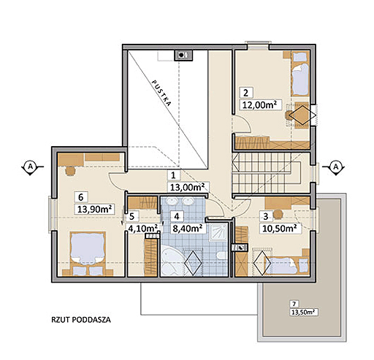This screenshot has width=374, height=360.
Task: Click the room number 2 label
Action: pyautogui.click(x=246, y=93)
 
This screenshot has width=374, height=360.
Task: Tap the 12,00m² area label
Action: pyautogui.click(x=259, y=105)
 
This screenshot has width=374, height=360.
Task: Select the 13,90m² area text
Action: pyautogui.click(x=94, y=209)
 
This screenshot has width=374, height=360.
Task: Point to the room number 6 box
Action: pyautogui.click(x=81, y=197)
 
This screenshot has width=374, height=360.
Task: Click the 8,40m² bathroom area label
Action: pyautogui.click(x=187, y=228)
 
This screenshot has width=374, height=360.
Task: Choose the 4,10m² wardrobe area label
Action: pyautogui.click(x=143, y=229)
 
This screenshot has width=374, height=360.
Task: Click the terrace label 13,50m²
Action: pyautogui.click(x=304, y=313)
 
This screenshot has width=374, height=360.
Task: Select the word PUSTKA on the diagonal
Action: pyautogui.click(x=161, y=93)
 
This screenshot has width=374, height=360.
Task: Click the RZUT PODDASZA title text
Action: pyautogui.click(x=81, y=320)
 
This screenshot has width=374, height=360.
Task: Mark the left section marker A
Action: pyautogui.click(x=31, y=166)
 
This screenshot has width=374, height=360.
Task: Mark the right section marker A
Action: pyautogui.click(x=335, y=167)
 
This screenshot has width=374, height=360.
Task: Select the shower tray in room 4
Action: pyautogui.click(x=218, y=231)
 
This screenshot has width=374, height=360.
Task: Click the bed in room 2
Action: pyautogui.click(x=300, y=74)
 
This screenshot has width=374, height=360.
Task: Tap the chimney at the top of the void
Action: pyautogui.click(x=183, y=55)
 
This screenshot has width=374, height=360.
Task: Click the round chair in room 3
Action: pyautogui.click(x=278, y=214)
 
